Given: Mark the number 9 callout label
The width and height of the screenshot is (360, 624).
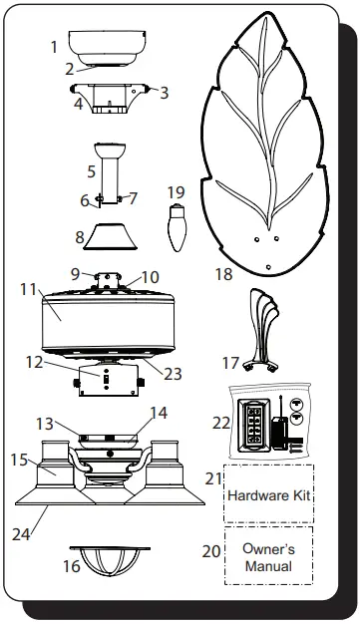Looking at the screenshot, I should point(75,272).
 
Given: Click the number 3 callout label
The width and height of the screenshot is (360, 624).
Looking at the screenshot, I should point(165,93).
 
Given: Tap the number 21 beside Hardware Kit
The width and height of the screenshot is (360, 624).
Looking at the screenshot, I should point(211,478).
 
